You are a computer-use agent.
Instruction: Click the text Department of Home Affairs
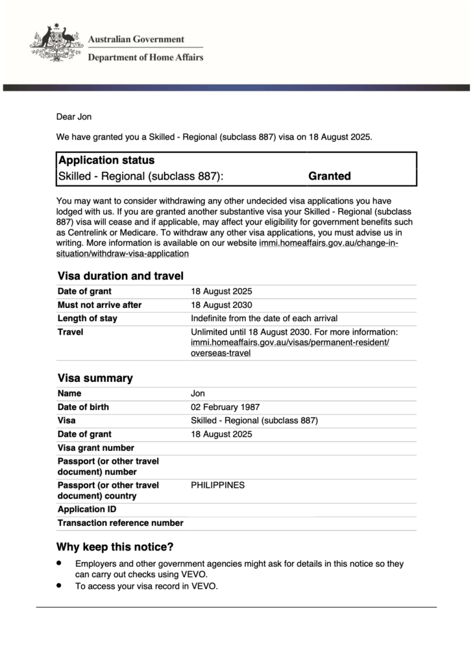[x=145, y=57]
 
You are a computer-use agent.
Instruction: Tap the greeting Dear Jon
[x=74, y=117]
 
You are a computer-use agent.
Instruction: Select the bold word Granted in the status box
[x=330, y=176]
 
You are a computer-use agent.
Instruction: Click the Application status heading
[x=106, y=160]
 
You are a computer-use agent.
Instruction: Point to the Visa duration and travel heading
[x=120, y=276]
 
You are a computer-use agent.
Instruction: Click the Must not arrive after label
[x=99, y=305]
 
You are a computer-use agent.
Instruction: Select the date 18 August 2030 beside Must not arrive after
[x=221, y=305]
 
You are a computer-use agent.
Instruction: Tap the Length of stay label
[x=88, y=318]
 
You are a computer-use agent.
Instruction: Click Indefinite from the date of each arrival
[x=264, y=318]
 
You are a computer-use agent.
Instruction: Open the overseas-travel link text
[x=221, y=353]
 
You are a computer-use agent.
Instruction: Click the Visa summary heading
[x=95, y=378]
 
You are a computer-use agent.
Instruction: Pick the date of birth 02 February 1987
[x=225, y=407]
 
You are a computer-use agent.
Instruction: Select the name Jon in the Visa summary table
[x=198, y=394]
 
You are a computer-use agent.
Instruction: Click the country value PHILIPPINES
[x=217, y=485]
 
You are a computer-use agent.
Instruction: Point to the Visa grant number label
[x=96, y=448]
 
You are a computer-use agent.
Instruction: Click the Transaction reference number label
[x=121, y=523]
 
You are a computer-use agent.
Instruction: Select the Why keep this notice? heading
[x=115, y=547]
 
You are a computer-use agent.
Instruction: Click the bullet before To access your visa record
[x=59, y=584]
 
